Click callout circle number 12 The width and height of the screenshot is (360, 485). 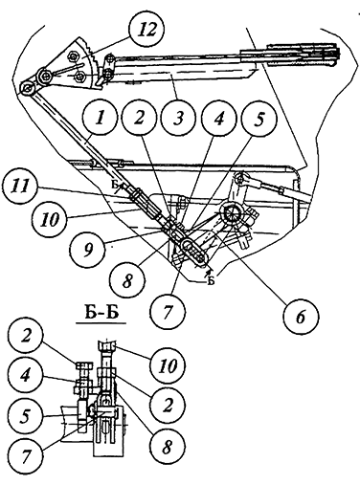pyautogui.click(x=146, y=31)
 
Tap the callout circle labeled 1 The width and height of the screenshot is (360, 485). pyautogui.click(x=100, y=119)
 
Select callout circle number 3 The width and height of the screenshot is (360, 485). pyautogui.click(x=178, y=119)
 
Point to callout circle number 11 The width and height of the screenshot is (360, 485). pyautogui.click(x=20, y=187)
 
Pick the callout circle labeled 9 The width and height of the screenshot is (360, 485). pyautogui.click(x=88, y=249)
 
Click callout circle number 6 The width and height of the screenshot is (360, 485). pyautogui.click(x=301, y=317)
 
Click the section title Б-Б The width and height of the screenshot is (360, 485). pyautogui.click(x=101, y=313)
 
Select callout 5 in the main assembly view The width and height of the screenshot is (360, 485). pyautogui.click(x=259, y=119)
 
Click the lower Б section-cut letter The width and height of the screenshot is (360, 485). pyautogui.click(x=211, y=281)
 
